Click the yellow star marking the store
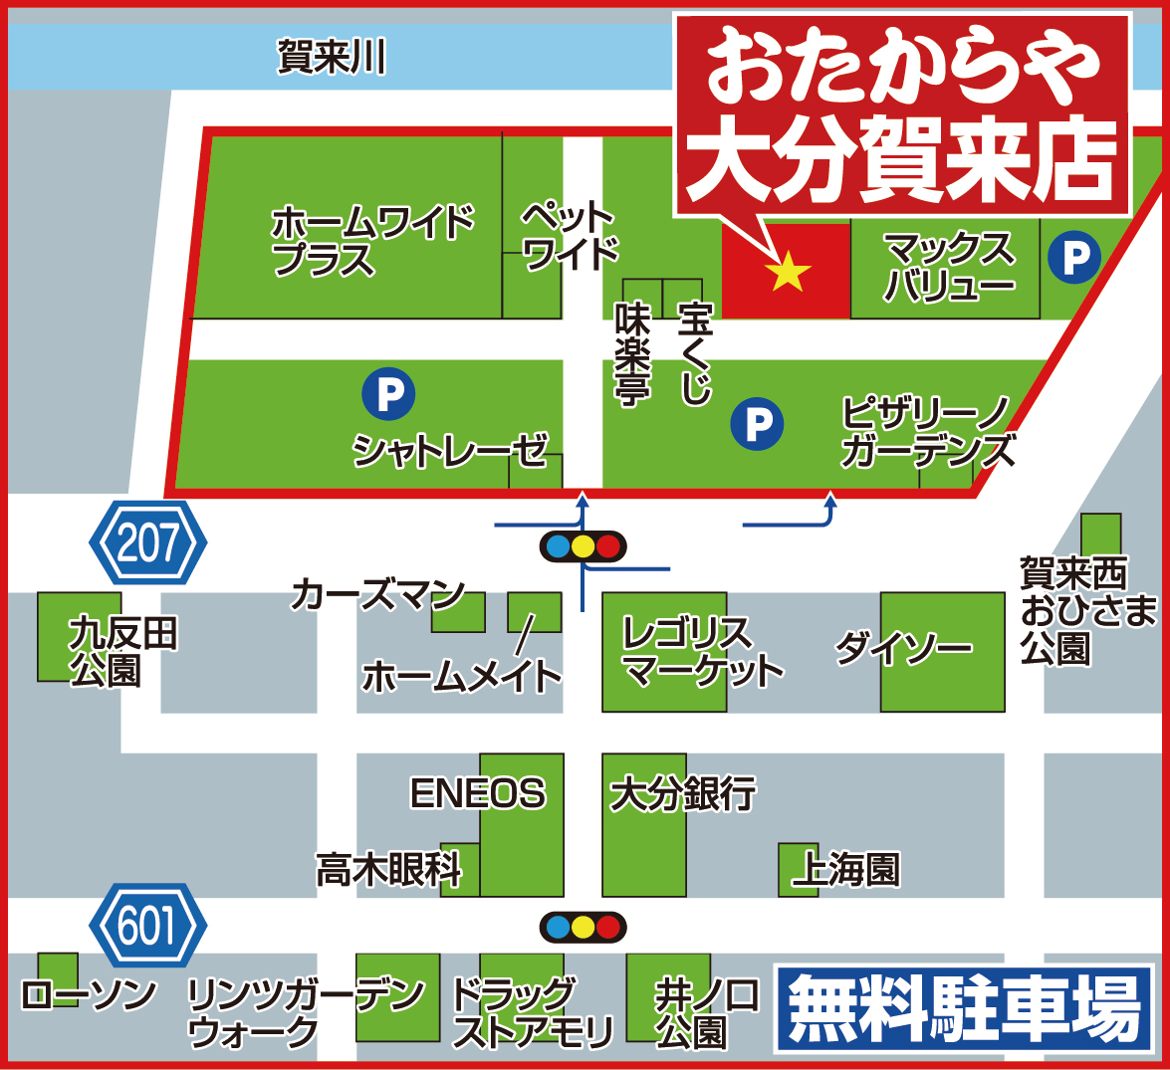click(787, 271)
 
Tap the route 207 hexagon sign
click(148, 543)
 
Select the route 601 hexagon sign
click(148, 926)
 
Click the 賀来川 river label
click(332, 57)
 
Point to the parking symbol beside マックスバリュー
click(1074, 258)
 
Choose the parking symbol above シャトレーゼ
click(388, 394)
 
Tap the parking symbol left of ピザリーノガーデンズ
click(757, 425)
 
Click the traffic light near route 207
click(583, 546)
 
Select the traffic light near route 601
click(583, 928)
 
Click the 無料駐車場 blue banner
click(964, 1009)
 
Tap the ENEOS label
click(478, 793)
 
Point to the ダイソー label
click(903, 649)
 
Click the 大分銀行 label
click(683, 794)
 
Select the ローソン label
click(89, 995)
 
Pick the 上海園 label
click(845, 870)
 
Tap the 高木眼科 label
click(389, 870)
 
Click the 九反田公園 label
click(121, 651)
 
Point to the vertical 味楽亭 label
click(632, 354)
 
